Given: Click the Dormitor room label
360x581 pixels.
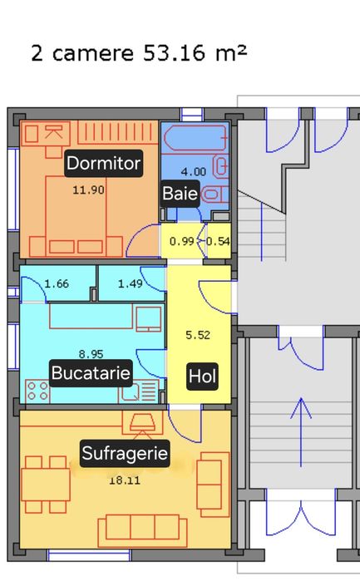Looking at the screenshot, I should pyautogui.click(x=103, y=163).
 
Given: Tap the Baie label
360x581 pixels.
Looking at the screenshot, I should pyautogui.click(x=180, y=194).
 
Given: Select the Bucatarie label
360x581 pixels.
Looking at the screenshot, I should pyautogui.click(x=91, y=373).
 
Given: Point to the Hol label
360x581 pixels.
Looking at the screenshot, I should pyautogui.click(x=202, y=377).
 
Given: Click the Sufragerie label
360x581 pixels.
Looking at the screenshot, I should pyautogui.click(x=125, y=453).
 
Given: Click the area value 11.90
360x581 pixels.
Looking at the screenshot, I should pyautogui.click(x=88, y=190).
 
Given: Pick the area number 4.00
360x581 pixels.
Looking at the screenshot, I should pyautogui.click(x=194, y=172).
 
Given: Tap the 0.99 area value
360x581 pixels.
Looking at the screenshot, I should pyautogui.click(x=181, y=242).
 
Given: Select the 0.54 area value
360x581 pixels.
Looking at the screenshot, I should pyautogui.click(x=218, y=242).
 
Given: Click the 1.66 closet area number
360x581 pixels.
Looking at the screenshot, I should pyautogui.click(x=57, y=284).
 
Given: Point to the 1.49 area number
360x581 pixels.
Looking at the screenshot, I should pyautogui.click(x=131, y=284).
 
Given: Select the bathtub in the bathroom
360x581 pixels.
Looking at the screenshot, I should pyautogui.click(x=192, y=138).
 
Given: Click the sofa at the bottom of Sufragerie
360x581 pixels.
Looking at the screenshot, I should pyautogui.click(x=149, y=529).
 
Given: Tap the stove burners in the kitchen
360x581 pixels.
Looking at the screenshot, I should pyautogui.click(x=38, y=391).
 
